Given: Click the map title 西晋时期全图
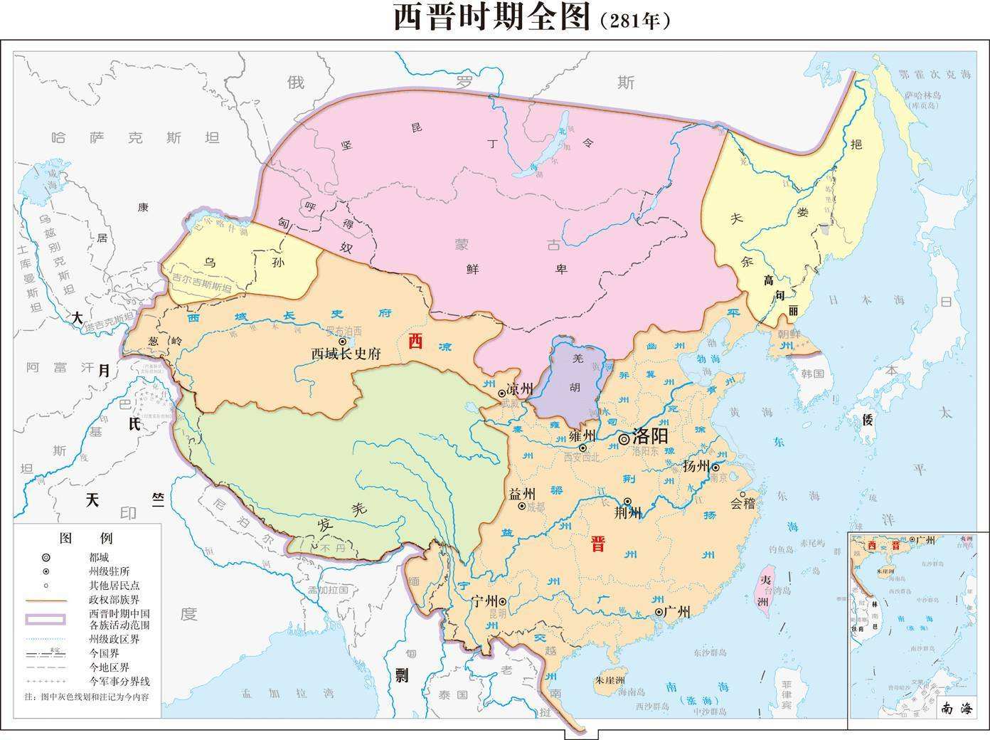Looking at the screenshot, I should pos(492,18).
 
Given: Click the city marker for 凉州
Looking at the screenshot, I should pos(501,391).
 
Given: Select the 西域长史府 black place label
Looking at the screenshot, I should pos(346,354).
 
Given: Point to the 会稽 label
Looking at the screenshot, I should pos(742,503).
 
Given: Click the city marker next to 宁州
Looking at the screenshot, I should pos(502,601).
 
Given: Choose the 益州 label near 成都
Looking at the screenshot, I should pos(522,494).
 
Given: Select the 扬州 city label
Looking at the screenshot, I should pos(696,467).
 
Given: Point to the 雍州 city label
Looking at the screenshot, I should pos(582,435).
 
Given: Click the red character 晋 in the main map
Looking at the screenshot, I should pos(597,545).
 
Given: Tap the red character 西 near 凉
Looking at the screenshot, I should pos(415,342).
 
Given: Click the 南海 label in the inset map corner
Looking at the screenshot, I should pos(956,708).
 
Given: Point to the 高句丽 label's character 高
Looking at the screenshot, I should pos(769,280).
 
